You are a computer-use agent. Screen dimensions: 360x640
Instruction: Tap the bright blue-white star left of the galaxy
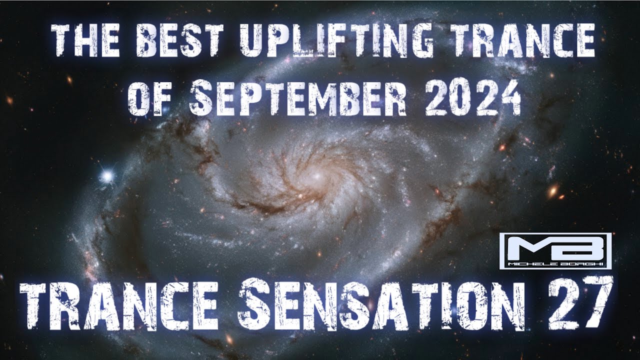coord(106,175)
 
